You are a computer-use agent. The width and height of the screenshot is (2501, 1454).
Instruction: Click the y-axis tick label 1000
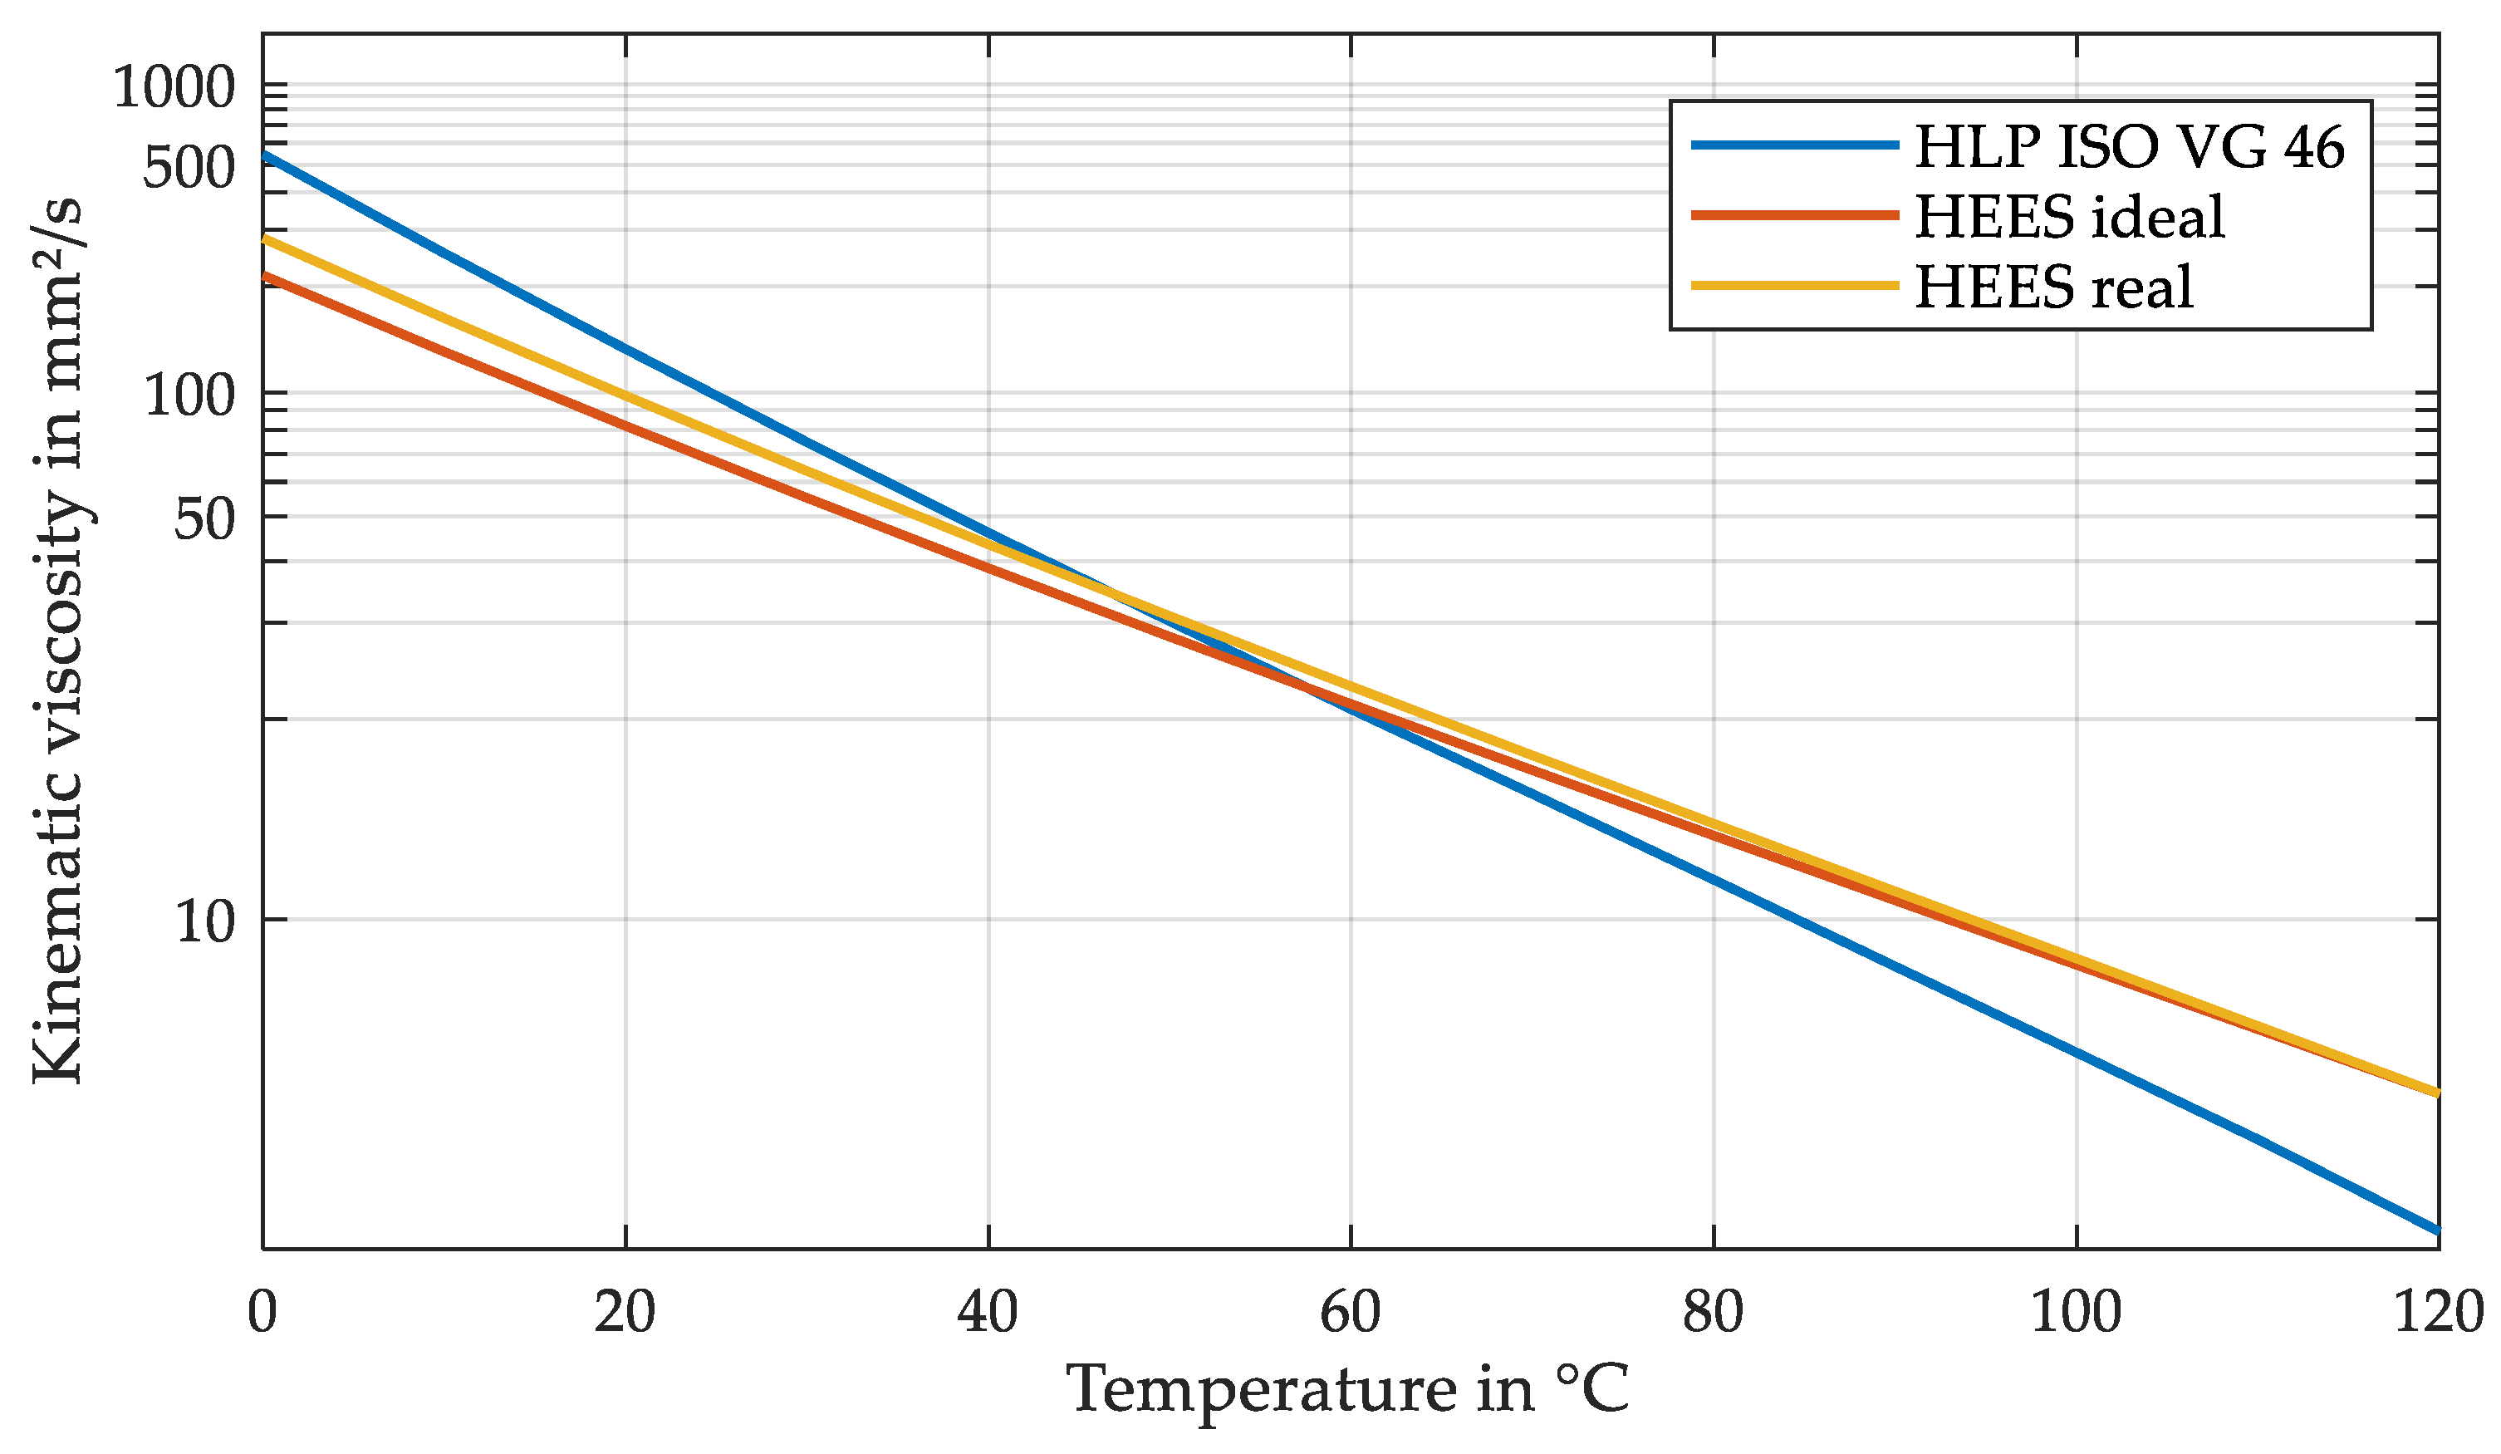point(173,86)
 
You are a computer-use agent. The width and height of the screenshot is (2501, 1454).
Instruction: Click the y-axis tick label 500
point(188,169)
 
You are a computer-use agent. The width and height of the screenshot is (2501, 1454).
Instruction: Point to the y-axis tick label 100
point(189,396)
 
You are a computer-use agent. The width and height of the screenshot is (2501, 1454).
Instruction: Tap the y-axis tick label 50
point(204,519)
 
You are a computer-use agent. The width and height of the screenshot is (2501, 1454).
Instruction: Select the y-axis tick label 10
point(204,922)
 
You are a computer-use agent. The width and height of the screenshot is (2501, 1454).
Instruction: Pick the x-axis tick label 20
point(625,1313)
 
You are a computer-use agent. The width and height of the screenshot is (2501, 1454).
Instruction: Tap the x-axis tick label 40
point(988,1313)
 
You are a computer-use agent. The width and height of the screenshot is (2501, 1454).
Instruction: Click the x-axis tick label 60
point(1350,1313)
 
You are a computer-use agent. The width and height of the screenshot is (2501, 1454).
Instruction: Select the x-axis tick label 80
point(1713,1313)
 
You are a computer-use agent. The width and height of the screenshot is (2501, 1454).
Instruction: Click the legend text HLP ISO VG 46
point(2129,147)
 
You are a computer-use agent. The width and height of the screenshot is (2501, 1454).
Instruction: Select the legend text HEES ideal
point(2069,216)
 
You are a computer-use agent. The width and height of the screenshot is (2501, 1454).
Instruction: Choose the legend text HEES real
point(2052,287)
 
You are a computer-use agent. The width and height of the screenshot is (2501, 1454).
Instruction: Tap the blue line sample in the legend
point(1794,145)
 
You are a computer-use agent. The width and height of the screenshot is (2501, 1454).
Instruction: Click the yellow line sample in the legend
point(1794,286)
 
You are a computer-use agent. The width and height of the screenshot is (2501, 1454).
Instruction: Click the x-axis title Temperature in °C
point(1348,1389)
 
